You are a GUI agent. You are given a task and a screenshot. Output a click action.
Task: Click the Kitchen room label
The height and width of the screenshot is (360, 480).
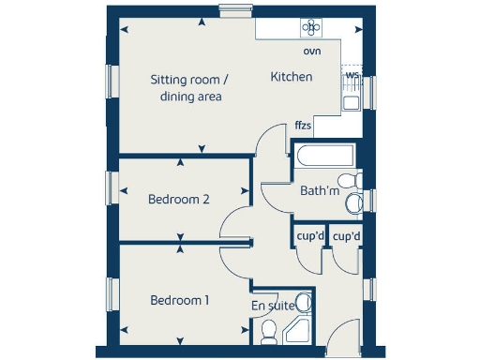tap(292, 77)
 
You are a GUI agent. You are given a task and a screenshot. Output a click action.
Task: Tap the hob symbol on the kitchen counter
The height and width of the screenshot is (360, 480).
tap(310, 28)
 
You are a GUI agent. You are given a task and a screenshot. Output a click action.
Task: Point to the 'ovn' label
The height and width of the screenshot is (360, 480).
tap(312, 52)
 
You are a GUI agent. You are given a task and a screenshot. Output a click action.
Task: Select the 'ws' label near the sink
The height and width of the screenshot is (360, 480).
tap(352, 74)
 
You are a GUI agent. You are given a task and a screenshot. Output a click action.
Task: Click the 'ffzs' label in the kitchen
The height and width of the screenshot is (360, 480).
tap(303, 125)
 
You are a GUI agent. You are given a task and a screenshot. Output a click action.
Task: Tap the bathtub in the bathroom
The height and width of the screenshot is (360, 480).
tap(322, 157)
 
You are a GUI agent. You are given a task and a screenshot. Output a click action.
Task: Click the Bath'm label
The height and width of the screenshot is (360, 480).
tap(319, 191)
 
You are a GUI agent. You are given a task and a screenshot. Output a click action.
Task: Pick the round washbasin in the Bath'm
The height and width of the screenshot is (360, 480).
tap(354, 202)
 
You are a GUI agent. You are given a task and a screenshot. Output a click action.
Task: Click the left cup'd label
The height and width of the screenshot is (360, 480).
tap(310, 236)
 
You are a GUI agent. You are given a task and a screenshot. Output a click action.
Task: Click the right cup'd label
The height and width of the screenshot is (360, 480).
tap(347, 236)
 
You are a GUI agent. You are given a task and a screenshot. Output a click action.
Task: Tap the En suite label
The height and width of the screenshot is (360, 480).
tap(272, 306)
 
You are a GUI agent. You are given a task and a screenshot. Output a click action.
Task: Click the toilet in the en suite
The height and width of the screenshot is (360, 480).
tap(269, 329)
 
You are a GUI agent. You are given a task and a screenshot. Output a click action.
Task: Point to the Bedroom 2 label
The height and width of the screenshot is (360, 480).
tap(178, 200)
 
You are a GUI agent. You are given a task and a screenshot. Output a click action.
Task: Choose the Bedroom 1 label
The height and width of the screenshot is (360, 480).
tap(180, 301)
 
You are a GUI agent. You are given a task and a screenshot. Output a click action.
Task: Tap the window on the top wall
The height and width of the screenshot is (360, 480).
tap(232, 10)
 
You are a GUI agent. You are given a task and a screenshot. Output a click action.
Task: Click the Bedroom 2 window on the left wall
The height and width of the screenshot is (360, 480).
tap(111, 187)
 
